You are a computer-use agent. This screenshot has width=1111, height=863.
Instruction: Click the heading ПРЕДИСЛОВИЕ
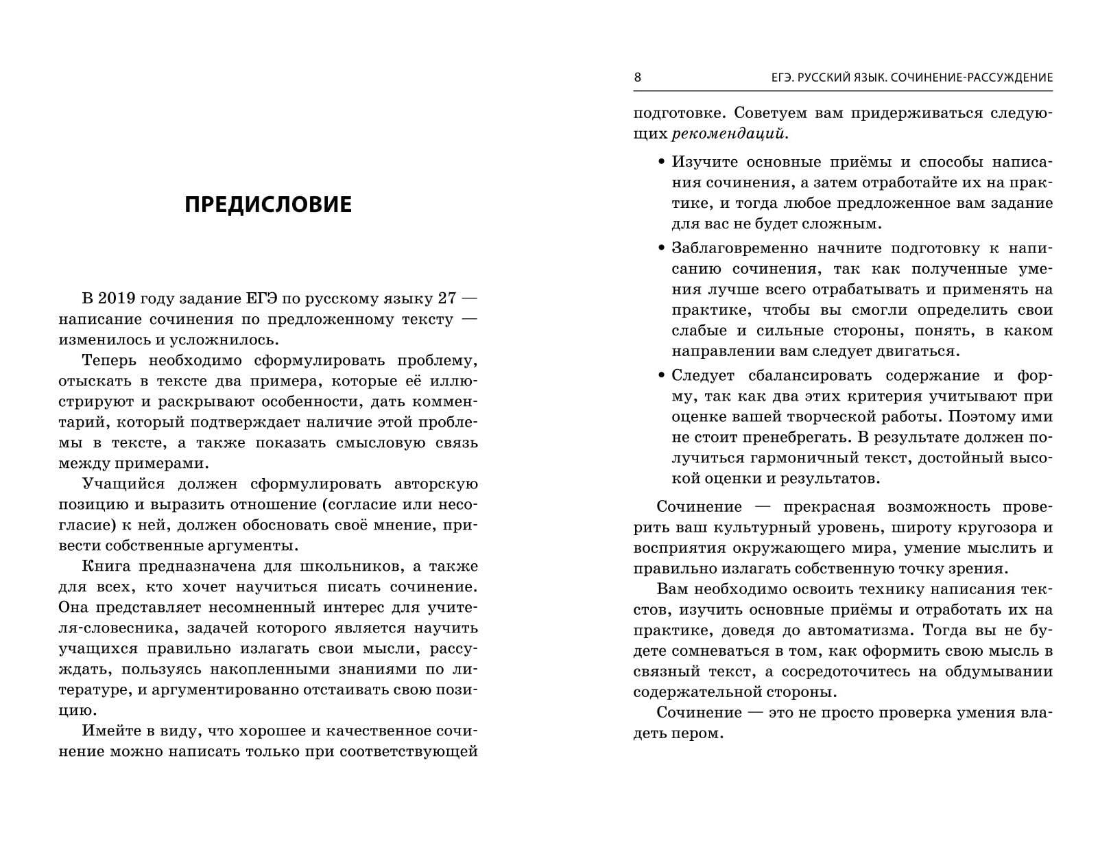(x=268, y=204)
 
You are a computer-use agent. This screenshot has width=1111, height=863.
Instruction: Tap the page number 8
(x=637, y=77)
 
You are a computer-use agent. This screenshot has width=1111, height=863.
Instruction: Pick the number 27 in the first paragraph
(x=440, y=298)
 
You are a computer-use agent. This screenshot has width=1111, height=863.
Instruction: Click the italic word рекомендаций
(x=728, y=134)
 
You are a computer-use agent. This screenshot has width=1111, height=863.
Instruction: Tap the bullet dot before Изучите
(x=661, y=163)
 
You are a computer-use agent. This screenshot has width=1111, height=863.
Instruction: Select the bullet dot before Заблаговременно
(x=661, y=248)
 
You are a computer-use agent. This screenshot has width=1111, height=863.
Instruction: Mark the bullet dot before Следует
(x=661, y=375)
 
